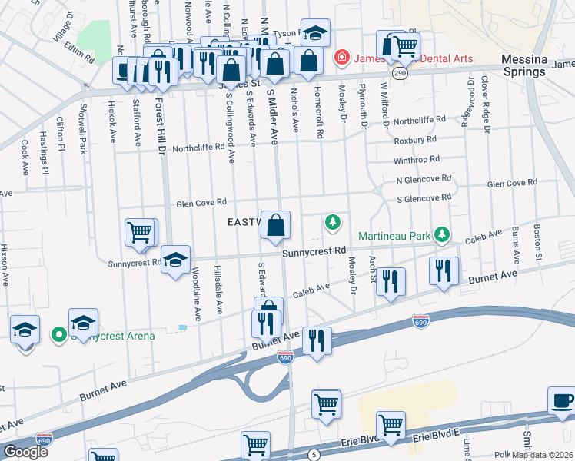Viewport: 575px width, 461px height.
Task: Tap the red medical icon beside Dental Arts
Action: [340, 58]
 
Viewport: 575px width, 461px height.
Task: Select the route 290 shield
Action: [399, 73]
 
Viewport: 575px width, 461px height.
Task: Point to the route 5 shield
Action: [314, 456]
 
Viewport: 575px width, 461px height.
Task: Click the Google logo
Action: [25, 452]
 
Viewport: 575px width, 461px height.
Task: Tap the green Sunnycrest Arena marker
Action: [57, 335]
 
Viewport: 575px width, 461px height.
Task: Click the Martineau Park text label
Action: [394, 235]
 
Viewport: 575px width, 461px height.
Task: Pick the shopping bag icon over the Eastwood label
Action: [276, 226]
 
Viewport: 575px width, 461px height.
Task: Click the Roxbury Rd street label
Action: [415, 141]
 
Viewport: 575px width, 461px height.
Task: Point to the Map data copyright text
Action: [543, 455]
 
